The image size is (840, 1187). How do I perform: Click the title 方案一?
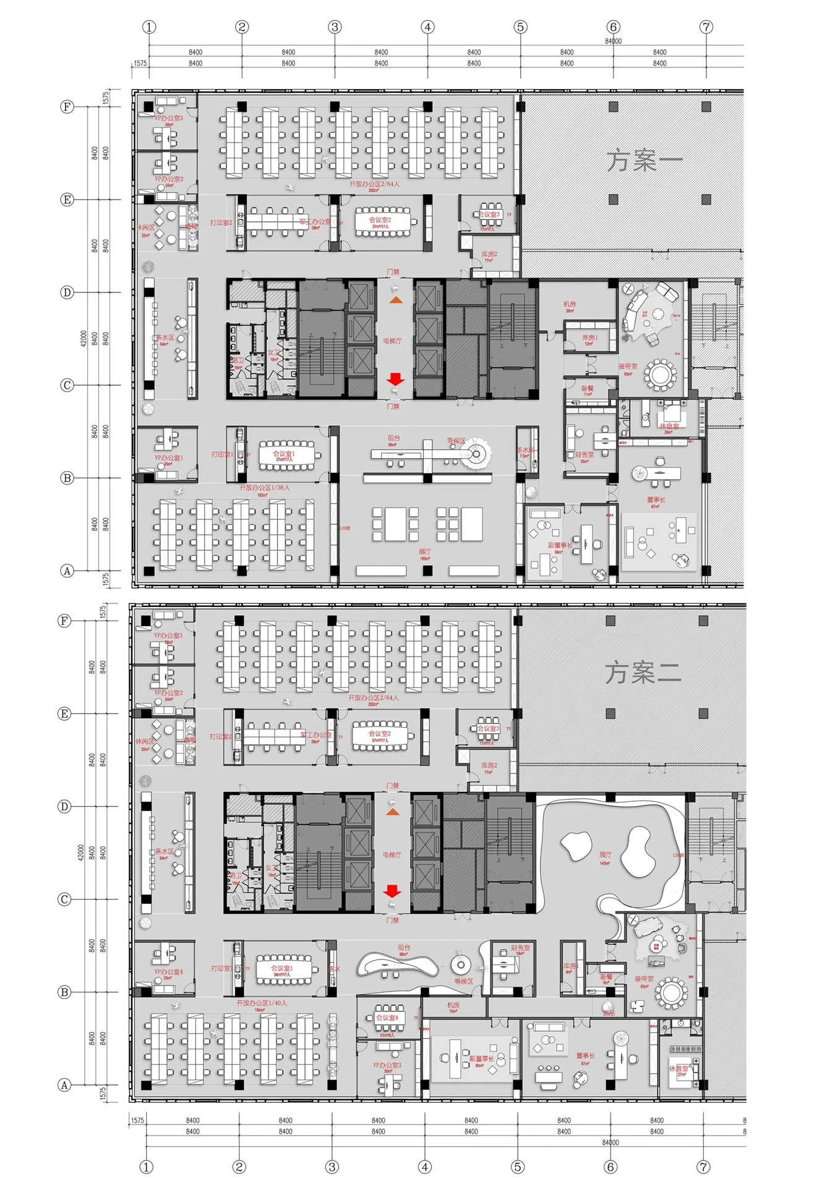pos(644,160)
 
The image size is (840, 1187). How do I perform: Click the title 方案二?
pos(643,673)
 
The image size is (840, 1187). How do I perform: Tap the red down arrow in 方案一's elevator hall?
pos(395,379)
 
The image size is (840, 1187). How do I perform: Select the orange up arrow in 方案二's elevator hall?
pos(392,811)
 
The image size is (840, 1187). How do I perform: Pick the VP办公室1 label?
pos(168,458)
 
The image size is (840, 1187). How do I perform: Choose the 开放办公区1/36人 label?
pos(264,488)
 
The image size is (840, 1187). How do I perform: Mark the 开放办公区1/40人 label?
pos(262,1003)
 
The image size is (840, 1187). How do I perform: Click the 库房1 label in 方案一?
pos(590,338)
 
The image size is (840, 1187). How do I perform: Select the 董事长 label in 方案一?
pos(656,500)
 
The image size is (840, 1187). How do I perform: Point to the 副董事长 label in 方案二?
pos(481,1059)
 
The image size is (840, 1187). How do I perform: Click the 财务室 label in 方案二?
pos(520,948)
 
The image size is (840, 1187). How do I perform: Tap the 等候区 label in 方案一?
pos(456,441)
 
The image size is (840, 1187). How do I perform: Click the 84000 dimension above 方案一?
pos(613,41)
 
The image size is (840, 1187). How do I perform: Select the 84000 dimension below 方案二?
pos(610,1142)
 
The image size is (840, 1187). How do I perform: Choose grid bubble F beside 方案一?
pos(66,107)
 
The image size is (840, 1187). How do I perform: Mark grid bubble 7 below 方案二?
pos(704,1167)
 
